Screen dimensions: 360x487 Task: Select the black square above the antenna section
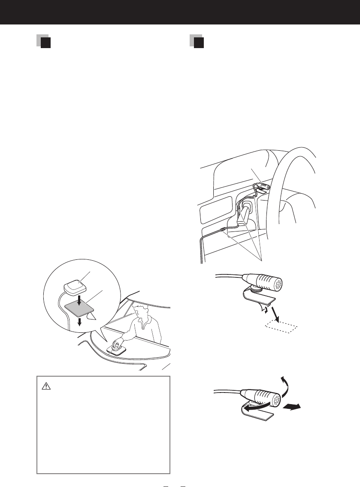point(46,43)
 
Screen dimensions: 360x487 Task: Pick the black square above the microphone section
point(198,43)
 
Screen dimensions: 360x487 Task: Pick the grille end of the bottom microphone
point(275,400)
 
